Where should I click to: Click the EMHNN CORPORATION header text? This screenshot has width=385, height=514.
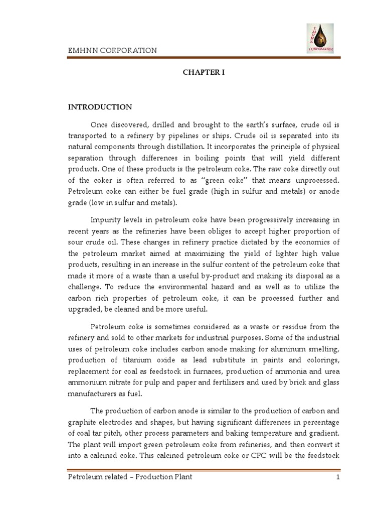(x=112, y=50)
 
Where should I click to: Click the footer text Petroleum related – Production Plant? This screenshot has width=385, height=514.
(x=130, y=477)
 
